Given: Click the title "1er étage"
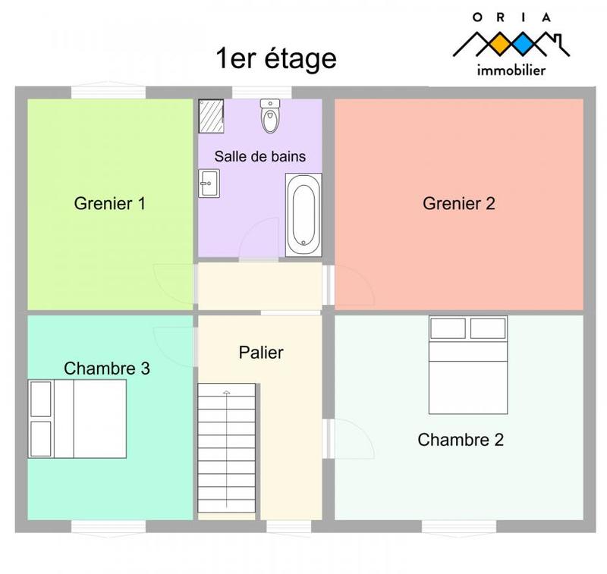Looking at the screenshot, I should (276, 58).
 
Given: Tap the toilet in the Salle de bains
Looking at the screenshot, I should (269, 115).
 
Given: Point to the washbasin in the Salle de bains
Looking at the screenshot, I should (208, 182).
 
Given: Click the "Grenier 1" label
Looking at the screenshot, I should (110, 203).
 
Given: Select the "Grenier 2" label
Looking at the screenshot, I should (459, 203).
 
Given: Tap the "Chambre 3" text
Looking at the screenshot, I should (107, 369).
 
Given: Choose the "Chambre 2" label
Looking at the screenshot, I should (461, 440).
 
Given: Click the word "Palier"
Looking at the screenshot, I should (261, 353).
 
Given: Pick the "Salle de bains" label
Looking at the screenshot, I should (260, 157).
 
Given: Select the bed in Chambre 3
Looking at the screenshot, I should (77, 419).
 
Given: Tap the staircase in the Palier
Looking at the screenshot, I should (227, 450).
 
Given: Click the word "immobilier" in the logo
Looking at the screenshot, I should (511, 71).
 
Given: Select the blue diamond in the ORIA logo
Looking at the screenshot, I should (523, 43).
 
